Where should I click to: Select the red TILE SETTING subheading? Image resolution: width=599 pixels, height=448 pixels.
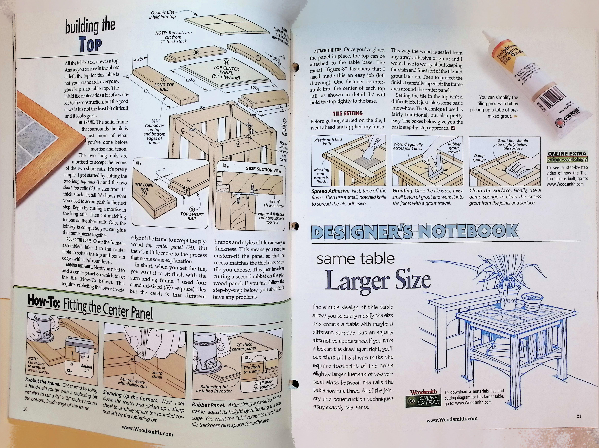(348, 113)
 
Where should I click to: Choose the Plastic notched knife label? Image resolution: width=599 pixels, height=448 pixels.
(328, 142)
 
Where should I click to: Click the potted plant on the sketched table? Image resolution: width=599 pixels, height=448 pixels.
(506, 284)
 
